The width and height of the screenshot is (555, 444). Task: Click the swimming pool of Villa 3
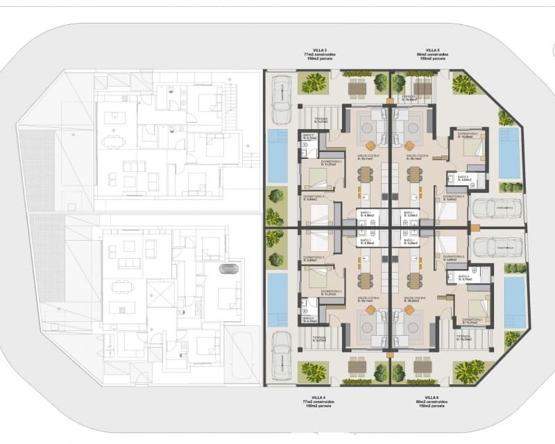tap(277, 155)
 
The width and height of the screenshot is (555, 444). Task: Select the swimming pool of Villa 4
tap(277, 300)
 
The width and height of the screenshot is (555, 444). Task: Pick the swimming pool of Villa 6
tap(514, 302)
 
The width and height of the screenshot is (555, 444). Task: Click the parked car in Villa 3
tap(282, 99)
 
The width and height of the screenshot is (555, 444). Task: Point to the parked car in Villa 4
tap(282, 355)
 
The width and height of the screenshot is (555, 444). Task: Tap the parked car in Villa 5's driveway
tap(496, 208)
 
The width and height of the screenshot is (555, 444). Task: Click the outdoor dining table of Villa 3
tap(357, 87)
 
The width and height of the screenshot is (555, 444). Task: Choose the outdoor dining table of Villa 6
tap(422, 366)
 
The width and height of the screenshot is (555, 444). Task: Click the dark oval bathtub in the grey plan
tap(227, 268)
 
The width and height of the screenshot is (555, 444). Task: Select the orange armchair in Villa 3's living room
tap(371, 145)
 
